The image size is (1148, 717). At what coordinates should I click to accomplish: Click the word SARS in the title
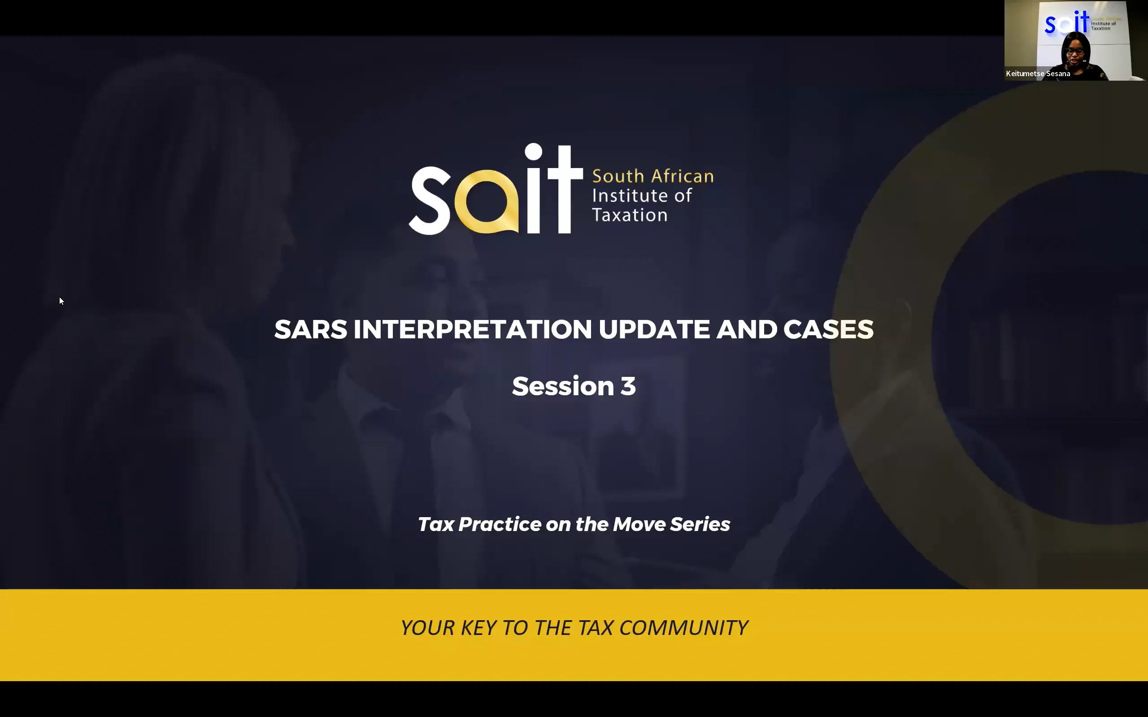tap(311, 329)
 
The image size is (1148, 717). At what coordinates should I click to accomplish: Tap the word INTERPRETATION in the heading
tap(473, 329)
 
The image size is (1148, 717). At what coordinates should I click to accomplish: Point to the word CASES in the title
tap(828, 329)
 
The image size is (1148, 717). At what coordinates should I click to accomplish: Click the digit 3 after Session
tap(628, 386)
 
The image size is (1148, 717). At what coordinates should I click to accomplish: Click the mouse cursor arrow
tap(61, 301)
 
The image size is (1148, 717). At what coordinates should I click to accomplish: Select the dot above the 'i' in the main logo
tap(533, 152)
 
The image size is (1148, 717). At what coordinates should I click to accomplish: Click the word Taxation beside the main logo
tap(630, 215)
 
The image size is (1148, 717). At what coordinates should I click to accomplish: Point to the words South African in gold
tap(652, 177)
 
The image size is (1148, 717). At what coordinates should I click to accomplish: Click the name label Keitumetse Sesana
tap(1038, 73)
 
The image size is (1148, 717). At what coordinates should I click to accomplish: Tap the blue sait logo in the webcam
tap(1066, 23)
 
